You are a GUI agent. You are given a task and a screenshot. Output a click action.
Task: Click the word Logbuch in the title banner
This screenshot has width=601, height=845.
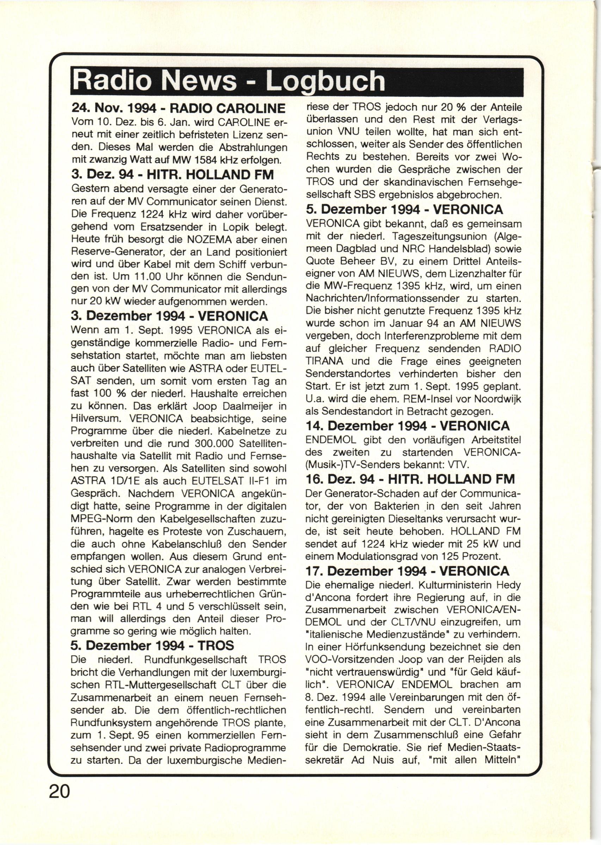coord(325,81)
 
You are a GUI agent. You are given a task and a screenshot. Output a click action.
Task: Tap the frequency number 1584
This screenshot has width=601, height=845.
coord(217,161)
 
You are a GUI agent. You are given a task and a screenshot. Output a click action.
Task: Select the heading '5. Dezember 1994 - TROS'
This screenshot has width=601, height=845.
coord(152,646)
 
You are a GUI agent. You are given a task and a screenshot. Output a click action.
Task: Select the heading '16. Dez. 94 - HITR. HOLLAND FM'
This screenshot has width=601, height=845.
coord(410,479)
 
